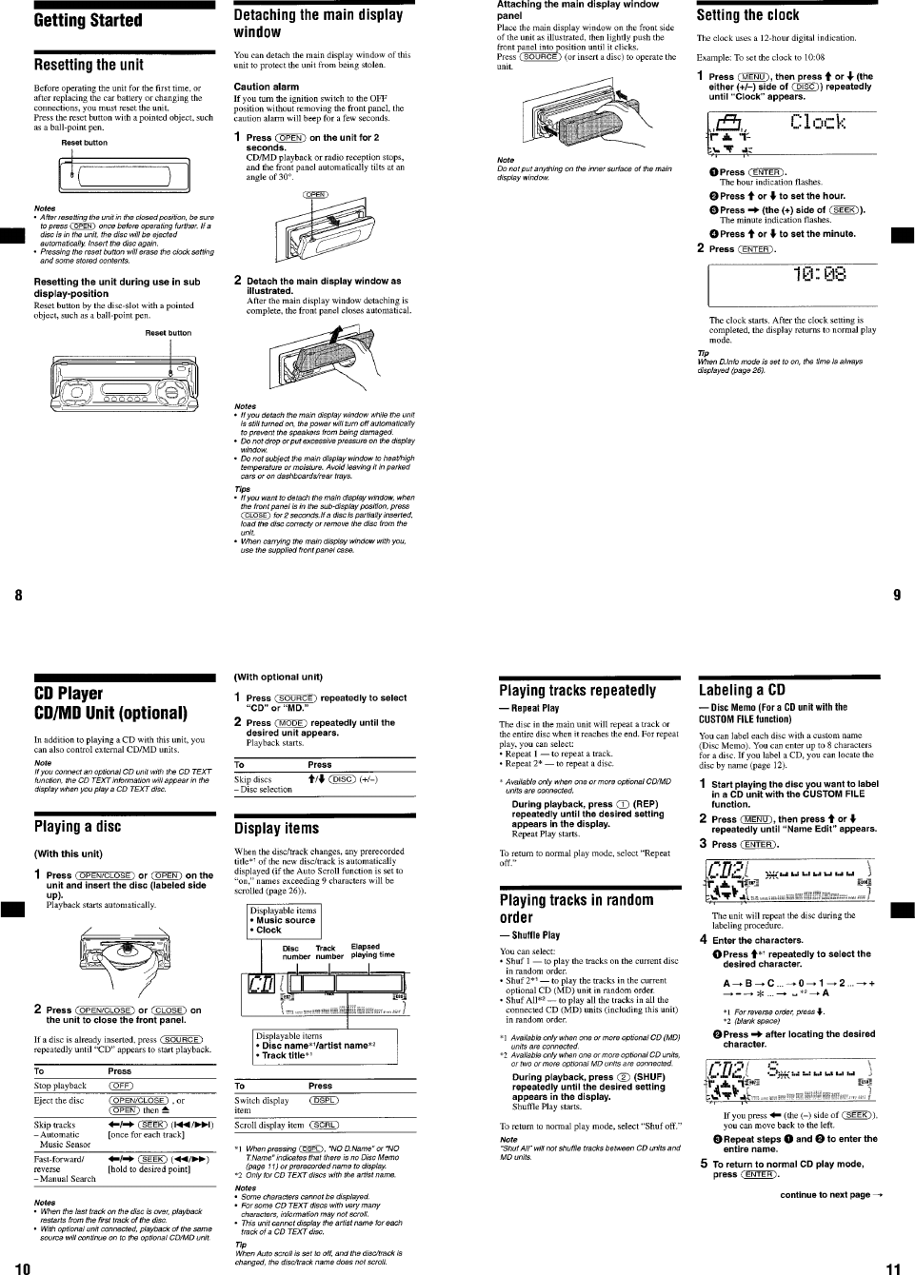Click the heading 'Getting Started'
point(88,21)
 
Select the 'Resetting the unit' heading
point(89,65)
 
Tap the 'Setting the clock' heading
point(747,15)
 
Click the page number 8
point(18,597)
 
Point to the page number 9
point(896,597)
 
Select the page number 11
point(892,1267)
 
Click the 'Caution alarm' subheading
point(266,87)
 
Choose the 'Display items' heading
point(276,829)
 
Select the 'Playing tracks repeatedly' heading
point(577,691)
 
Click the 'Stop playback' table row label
point(60,1086)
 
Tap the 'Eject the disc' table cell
point(59,1101)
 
